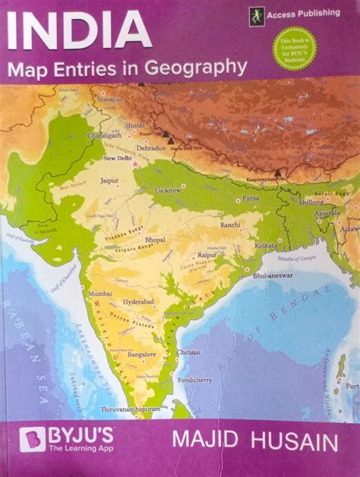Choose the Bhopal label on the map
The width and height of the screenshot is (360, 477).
pyautogui.click(x=155, y=239)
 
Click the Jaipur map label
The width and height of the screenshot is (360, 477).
pyautogui.click(x=109, y=182)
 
